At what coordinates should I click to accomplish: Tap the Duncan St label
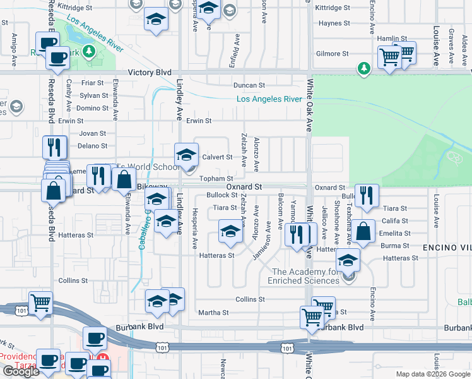248,85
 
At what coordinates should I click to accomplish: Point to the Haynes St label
334,23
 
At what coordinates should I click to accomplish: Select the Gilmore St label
333,54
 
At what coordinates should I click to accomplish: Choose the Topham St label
216,179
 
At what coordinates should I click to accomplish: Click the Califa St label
395,221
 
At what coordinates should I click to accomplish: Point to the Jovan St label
93,133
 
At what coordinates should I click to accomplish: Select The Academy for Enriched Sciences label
304,276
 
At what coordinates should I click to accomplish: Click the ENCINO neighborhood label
447,247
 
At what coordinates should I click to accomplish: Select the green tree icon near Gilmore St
363,68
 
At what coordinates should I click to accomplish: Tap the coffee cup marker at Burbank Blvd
95,338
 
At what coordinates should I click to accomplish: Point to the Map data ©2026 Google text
433,374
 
